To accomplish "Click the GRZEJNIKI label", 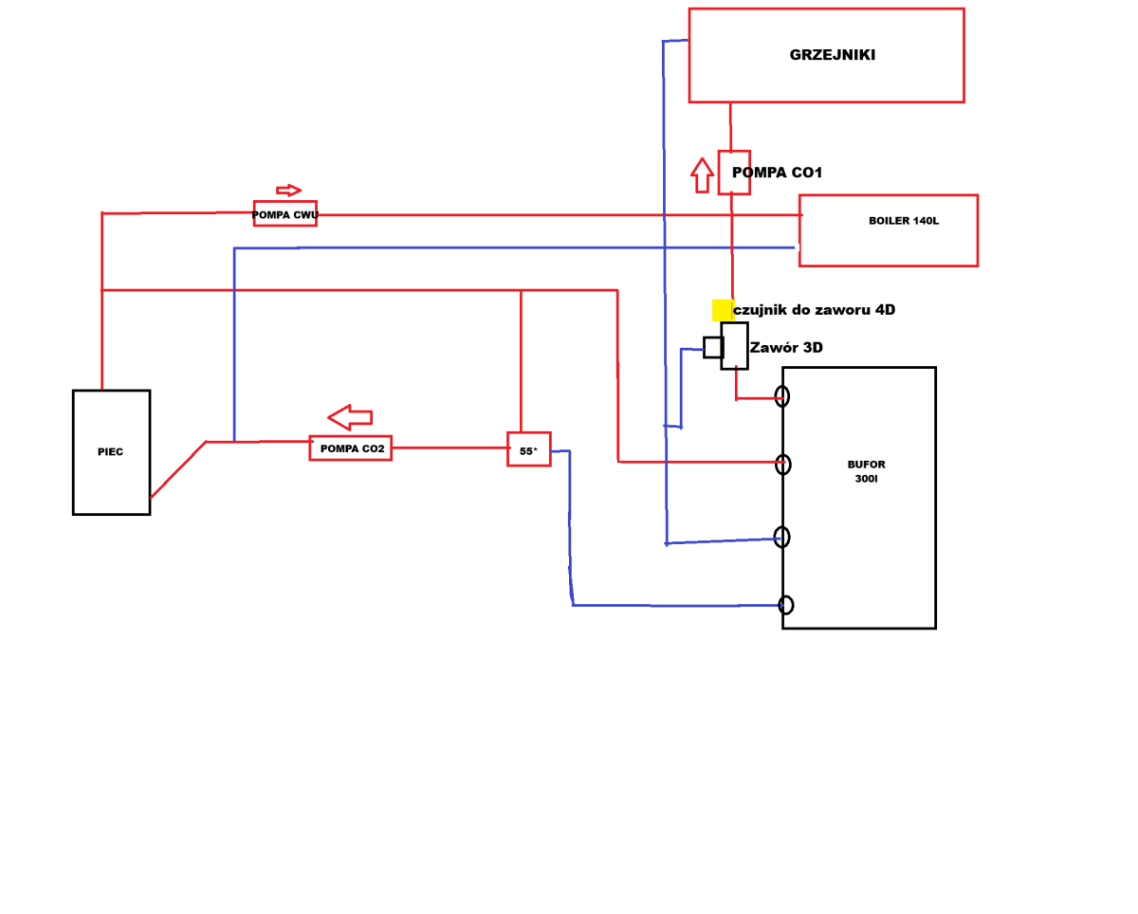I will click(x=832, y=55).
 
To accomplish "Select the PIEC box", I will click(x=111, y=452).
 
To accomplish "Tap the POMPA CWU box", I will click(x=284, y=214).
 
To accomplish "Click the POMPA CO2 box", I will click(x=350, y=448).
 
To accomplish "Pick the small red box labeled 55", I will click(x=528, y=449).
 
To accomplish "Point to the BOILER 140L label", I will click(x=903, y=221).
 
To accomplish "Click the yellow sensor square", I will click(x=723, y=310).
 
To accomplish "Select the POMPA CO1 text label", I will click(x=777, y=173).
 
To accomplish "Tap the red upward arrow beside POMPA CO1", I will click(x=702, y=174).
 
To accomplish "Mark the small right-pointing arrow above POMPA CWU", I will click(x=288, y=191).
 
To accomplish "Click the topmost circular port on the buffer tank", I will click(x=781, y=396).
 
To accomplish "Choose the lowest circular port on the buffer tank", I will click(x=785, y=605).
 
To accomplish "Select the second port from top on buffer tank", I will click(x=782, y=465).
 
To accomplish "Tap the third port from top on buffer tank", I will click(x=781, y=538).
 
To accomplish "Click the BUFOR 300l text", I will click(x=865, y=471).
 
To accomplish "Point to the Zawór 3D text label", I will click(x=786, y=348).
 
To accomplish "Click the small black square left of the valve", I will click(x=713, y=347).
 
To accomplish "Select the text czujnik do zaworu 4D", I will click(x=815, y=310).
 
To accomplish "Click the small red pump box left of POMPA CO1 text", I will click(x=734, y=173).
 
